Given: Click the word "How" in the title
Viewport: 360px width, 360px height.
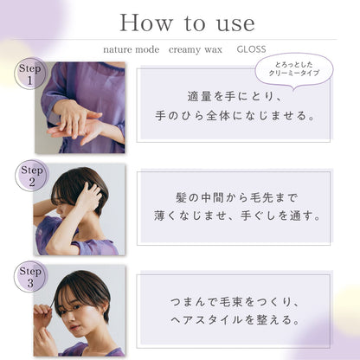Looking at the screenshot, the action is tap(146, 22).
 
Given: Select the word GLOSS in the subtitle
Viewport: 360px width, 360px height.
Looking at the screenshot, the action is tap(251, 49).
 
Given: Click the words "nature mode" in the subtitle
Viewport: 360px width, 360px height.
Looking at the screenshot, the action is tap(132, 49).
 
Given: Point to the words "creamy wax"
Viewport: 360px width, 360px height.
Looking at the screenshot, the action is tap(196, 50).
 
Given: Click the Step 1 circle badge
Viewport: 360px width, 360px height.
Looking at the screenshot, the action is tap(30, 74).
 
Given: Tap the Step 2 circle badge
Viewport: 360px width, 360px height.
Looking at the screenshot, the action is tap(31, 176).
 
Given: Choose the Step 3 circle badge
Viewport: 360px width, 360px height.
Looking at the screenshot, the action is tap(30, 277).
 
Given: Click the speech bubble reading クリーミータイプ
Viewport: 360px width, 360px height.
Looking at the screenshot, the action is tap(294, 69).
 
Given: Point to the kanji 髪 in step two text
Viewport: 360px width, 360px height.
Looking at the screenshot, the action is tap(182, 198).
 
